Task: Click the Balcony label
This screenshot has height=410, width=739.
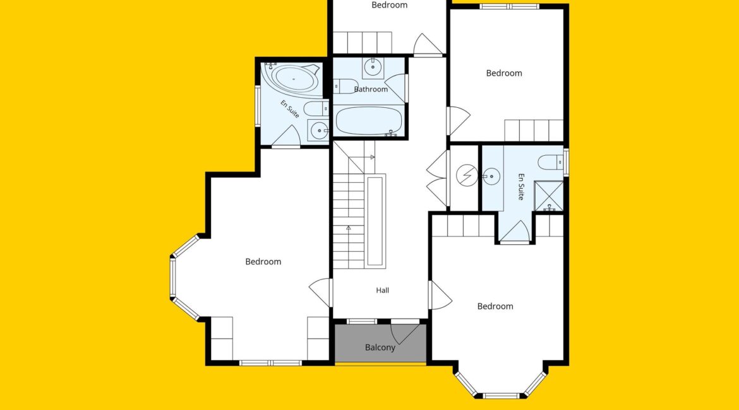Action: point(380,348)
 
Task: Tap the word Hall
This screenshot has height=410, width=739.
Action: point(382,290)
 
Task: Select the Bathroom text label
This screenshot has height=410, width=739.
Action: point(371,89)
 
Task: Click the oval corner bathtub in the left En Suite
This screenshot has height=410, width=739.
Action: point(293,79)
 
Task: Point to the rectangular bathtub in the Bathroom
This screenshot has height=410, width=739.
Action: point(369,120)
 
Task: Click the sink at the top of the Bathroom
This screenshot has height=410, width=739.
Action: point(373,67)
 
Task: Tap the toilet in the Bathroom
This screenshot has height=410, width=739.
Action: point(344,86)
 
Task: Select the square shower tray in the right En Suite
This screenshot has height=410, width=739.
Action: point(549,196)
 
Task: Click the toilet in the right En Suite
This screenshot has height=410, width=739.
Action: point(551,162)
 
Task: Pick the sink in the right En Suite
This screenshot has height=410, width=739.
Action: point(491,177)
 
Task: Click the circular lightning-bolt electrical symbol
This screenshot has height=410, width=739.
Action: point(467,175)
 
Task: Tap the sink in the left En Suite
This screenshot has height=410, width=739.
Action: point(319,130)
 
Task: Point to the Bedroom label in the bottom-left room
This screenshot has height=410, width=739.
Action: point(263,262)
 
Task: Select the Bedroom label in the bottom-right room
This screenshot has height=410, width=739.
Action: point(495,307)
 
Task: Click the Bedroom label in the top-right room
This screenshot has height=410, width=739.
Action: point(504,73)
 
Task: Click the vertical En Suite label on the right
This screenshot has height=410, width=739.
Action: point(521,187)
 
